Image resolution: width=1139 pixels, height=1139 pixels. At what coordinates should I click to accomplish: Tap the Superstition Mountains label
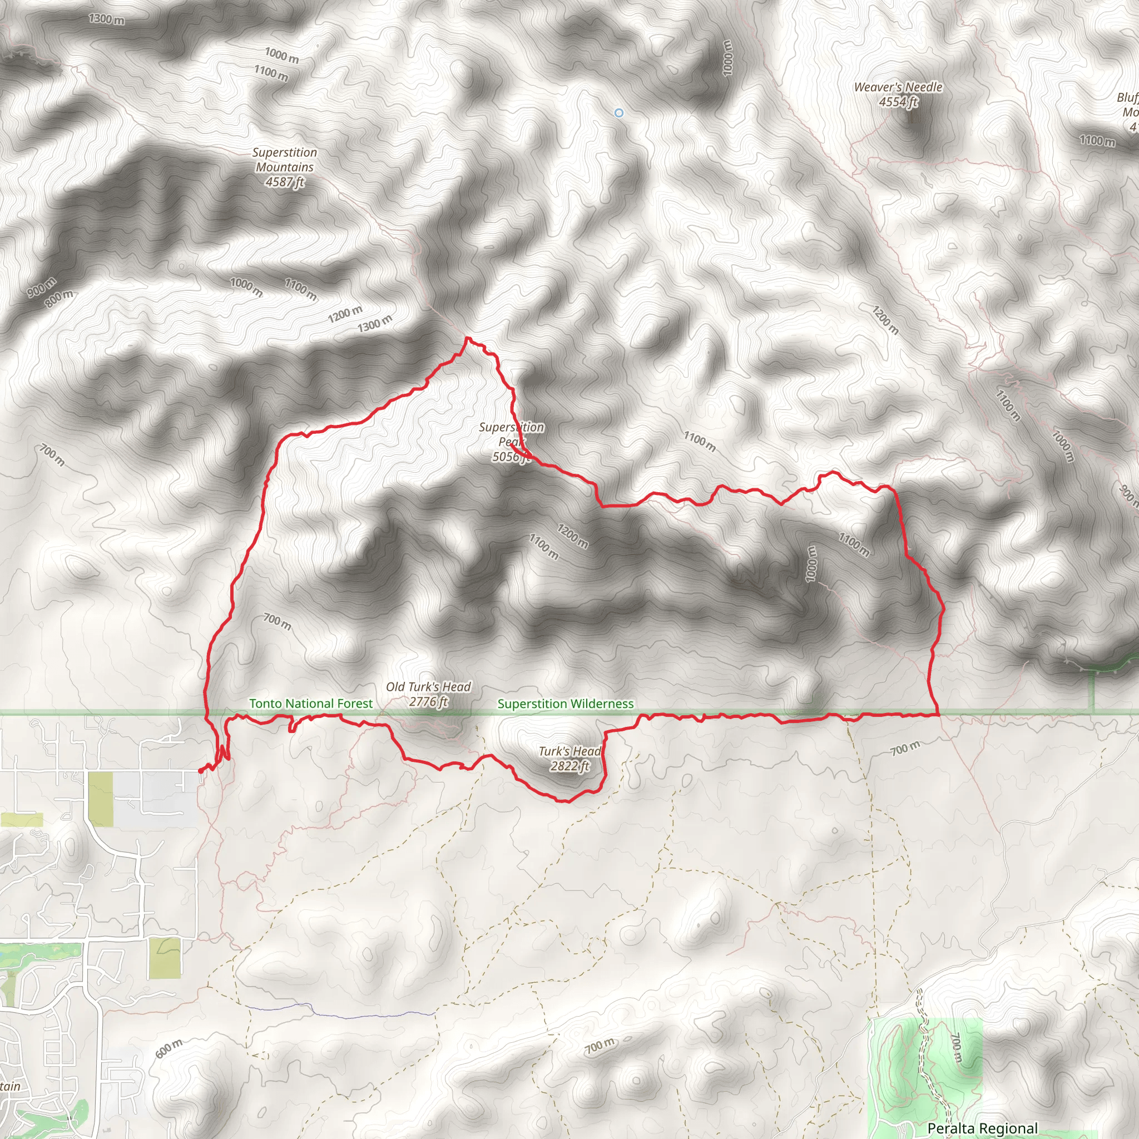tap(285, 160)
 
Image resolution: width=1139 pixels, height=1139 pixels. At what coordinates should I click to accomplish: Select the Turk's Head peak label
tap(569, 751)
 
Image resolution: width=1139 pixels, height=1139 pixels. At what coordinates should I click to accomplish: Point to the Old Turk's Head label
tap(428, 687)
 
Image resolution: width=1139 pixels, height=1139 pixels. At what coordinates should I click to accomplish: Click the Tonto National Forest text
tap(311, 704)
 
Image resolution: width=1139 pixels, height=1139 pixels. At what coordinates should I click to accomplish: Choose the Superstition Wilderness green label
tap(566, 704)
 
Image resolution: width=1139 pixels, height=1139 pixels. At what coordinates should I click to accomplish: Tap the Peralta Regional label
tap(982, 1128)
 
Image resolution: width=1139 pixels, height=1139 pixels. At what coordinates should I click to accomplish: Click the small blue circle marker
tap(618, 112)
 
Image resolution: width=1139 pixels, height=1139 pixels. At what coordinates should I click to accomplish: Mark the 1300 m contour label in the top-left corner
tap(107, 19)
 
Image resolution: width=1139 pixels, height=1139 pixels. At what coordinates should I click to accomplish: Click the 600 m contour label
tap(169, 1049)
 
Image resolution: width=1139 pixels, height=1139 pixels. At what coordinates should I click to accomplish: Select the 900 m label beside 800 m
tap(41, 287)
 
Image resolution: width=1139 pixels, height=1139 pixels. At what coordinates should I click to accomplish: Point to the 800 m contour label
tap(60, 298)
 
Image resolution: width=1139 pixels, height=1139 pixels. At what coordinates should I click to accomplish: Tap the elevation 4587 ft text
tap(284, 182)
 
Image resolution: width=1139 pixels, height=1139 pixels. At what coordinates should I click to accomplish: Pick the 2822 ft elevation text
tap(569, 766)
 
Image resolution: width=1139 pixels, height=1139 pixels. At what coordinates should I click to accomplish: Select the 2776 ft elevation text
tap(428, 701)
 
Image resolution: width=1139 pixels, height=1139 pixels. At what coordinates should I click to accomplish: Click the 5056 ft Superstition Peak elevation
tap(511, 457)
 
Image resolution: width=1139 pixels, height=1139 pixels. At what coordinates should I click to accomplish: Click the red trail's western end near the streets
tap(200, 770)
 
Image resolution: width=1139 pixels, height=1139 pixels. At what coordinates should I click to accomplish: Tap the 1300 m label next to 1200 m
tap(375, 324)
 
